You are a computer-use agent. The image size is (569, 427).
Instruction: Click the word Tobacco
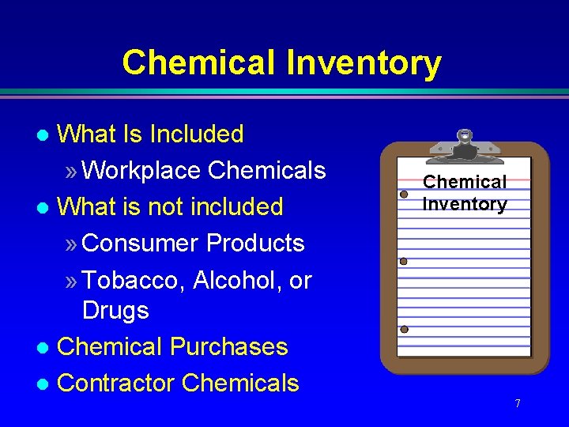pos(134,280)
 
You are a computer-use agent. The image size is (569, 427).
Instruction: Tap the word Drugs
pos(115,310)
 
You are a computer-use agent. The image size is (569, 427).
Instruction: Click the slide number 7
pos(517,404)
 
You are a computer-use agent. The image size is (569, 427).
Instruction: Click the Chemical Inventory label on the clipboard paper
pos(465,193)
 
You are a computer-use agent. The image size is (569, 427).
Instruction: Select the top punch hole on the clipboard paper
pos(403,194)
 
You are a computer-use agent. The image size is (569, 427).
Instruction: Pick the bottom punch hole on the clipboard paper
pos(404,329)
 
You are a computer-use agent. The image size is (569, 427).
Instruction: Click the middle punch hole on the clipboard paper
pos(403,261)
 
